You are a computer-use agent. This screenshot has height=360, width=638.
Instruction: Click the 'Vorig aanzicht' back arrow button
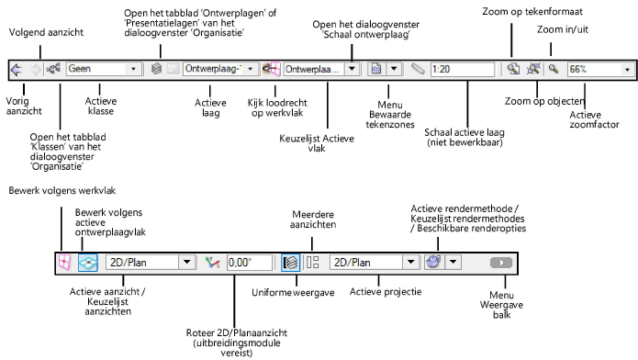click(17, 68)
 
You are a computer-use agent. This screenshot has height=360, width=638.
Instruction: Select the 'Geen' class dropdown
click(103, 68)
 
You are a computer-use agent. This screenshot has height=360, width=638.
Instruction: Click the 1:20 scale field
click(463, 68)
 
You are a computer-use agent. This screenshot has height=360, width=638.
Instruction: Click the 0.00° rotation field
click(250, 262)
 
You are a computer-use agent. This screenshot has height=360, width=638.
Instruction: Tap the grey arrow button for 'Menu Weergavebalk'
click(501, 262)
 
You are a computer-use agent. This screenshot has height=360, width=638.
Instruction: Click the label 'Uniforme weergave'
click(286, 292)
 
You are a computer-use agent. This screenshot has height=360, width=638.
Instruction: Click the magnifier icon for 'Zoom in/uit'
click(554, 68)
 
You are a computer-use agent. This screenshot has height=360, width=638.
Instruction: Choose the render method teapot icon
click(433, 262)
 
